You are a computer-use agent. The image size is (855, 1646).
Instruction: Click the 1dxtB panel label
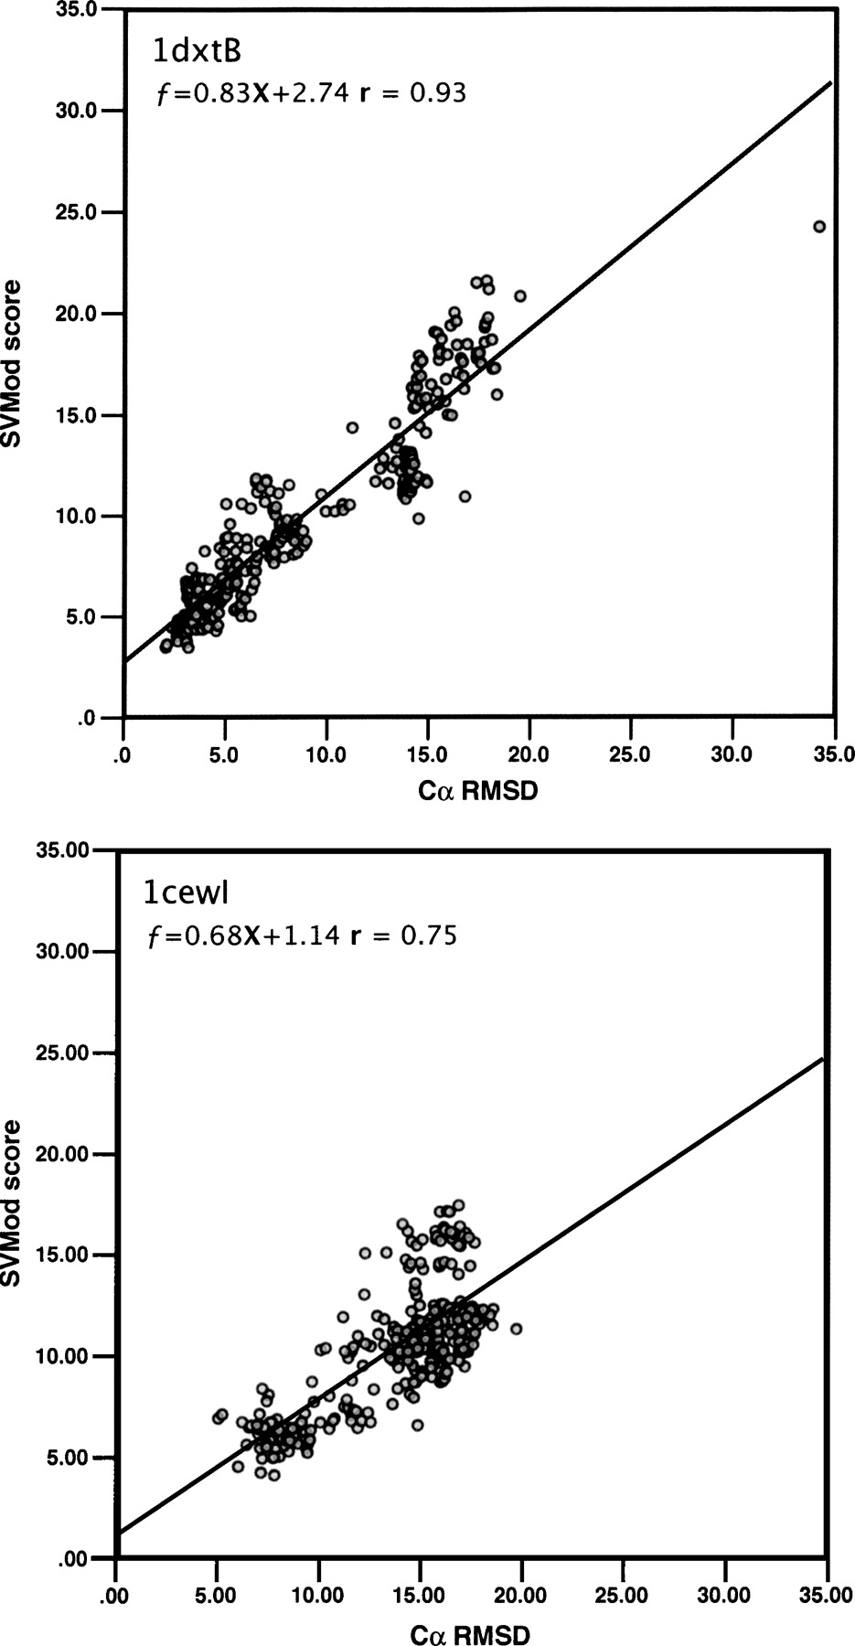pos(197,52)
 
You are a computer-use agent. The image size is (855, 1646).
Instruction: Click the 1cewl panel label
pos(188,892)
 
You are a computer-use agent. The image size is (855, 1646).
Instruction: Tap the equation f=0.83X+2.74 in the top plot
pos(252,93)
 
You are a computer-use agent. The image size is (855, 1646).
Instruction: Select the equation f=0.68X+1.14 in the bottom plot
pos(243,935)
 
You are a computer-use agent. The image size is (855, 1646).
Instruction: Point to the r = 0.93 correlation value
pos(412,93)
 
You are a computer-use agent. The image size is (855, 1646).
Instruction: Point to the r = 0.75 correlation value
pos(403,935)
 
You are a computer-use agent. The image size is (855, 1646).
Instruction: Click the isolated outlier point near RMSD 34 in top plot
pos(819,226)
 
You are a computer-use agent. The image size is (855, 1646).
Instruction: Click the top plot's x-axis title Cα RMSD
pos(477,792)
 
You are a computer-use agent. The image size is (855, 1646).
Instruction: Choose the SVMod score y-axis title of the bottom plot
pos(13,1203)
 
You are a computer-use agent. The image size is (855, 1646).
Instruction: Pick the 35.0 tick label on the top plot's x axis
pos(834,755)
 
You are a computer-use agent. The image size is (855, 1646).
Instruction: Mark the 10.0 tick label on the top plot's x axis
pos(326,755)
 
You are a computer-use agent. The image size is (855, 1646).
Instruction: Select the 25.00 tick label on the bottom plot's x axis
pos(624,1596)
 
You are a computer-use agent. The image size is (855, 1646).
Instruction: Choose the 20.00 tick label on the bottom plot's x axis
pos(521,1596)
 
